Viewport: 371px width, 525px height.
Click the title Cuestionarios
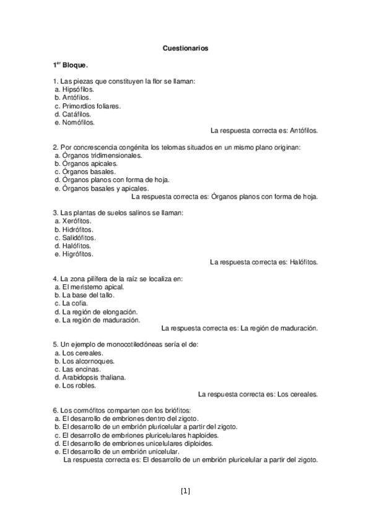tap(185, 47)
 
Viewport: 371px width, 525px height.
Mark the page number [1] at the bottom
tap(185, 492)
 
